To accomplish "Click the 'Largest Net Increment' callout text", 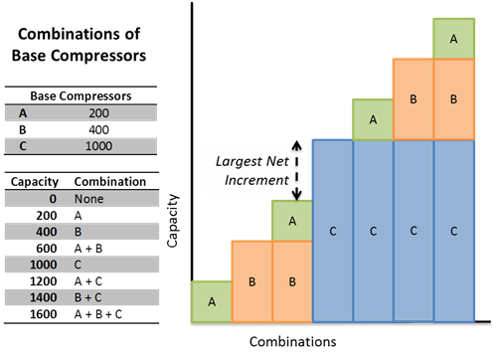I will [x=247, y=172].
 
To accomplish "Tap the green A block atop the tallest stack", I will [x=453, y=38].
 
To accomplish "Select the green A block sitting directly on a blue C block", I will [x=373, y=118].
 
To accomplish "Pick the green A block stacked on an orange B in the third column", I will [x=292, y=220].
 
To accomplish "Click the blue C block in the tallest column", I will [x=453, y=231].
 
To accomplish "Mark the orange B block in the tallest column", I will [x=453, y=99].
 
